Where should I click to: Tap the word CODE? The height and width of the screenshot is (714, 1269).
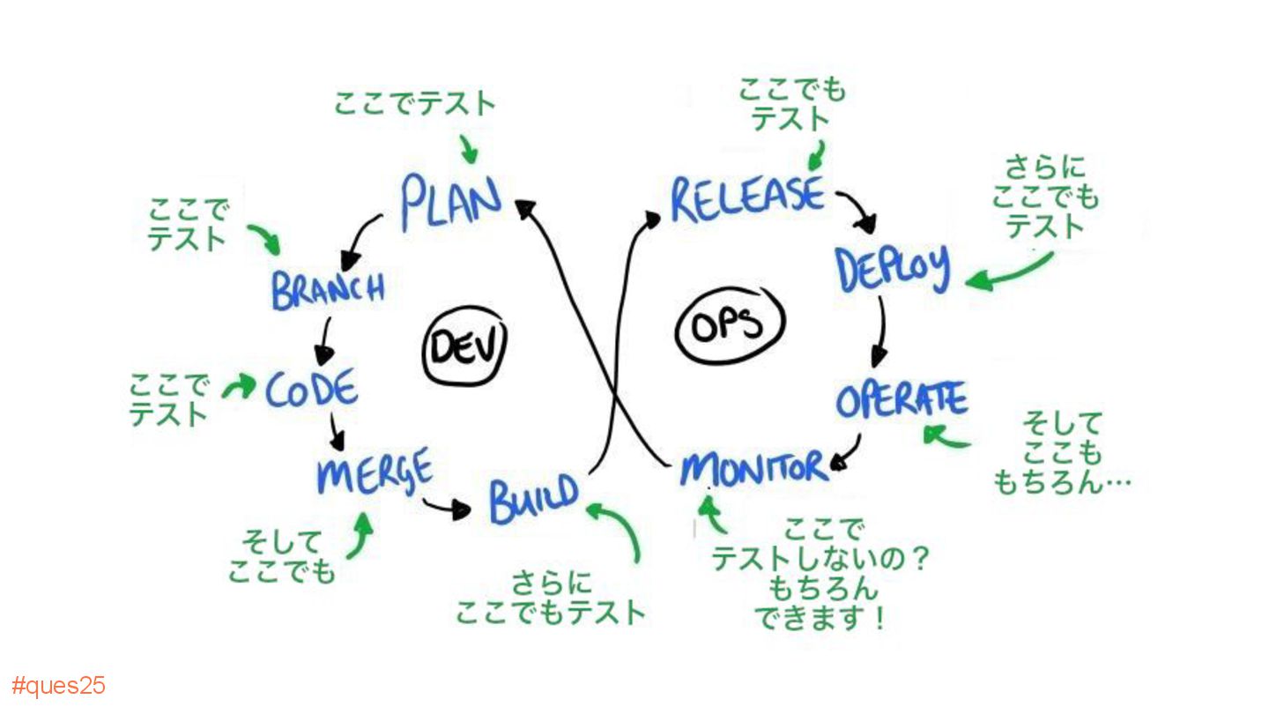click(312, 389)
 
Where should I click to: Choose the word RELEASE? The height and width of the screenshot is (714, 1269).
click(747, 198)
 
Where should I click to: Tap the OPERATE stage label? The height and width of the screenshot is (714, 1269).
click(901, 401)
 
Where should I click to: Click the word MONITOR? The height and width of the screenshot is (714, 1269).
click(753, 467)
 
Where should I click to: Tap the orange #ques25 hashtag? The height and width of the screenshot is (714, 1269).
click(58, 686)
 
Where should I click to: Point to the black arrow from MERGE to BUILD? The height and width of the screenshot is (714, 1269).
click(446, 507)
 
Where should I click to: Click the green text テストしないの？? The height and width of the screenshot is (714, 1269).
click(820, 560)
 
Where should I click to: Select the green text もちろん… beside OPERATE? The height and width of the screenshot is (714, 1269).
click(1061, 481)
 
